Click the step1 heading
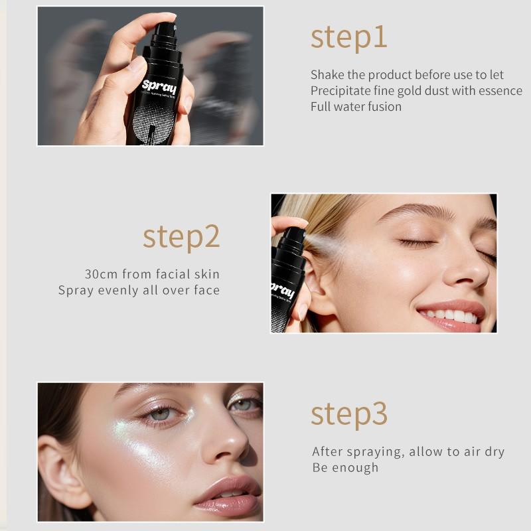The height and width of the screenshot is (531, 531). (x=348, y=37)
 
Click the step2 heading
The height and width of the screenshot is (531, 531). (x=181, y=236)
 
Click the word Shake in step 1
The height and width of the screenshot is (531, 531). (x=328, y=74)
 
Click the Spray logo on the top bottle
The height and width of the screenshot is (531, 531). (x=159, y=86)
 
